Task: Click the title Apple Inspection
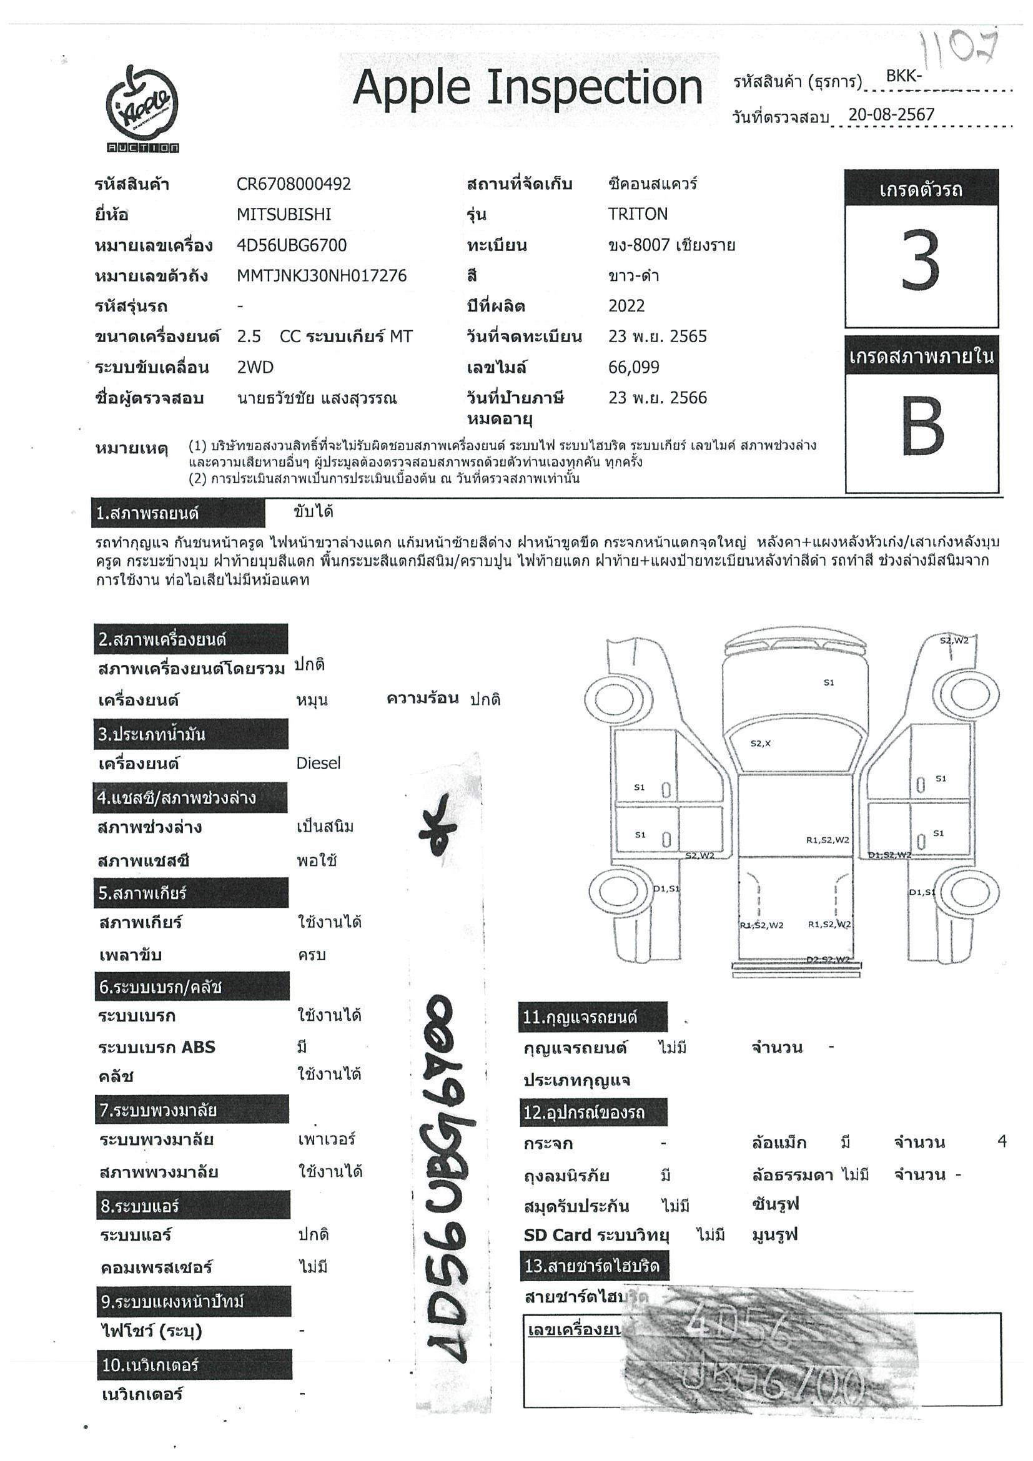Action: point(527,87)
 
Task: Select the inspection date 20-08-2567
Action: point(891,114)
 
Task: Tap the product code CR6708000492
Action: point(294,184)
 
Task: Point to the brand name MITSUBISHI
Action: point(284,214)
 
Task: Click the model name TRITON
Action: point(638,214)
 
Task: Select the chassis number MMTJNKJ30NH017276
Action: point(322,275)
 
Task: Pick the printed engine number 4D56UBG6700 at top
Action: point(292,245)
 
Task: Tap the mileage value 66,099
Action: point(634,367)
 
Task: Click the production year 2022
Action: point(626,306)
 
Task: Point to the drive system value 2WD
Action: point(255,367)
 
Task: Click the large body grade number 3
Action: point(921,261)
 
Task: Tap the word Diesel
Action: point(319,763)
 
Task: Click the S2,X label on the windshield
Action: point(761,743)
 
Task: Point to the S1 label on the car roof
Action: point(829,683)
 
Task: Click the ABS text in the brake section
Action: point(199,1047)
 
